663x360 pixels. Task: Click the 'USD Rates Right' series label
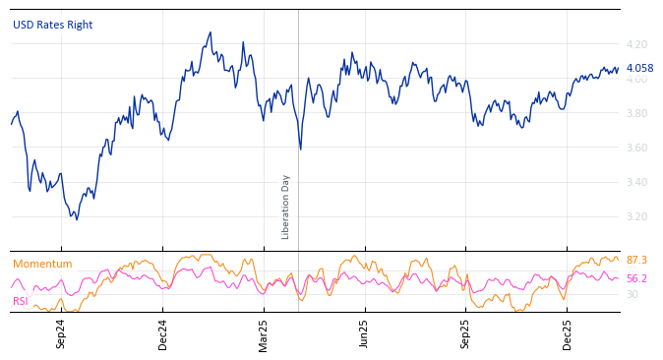[52, 25]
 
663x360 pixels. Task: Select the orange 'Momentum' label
[42, 264]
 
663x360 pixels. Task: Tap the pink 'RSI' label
[20, 301]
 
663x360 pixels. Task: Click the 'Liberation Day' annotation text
[286, 207]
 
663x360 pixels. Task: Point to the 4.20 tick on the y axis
[636, 44]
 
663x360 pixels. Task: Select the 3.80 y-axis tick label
[636, 113]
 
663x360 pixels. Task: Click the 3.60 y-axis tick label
[636, 148]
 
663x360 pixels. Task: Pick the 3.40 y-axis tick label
[636, 182]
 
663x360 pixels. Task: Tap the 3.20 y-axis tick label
[636, 216]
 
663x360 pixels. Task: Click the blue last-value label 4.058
[639, 68]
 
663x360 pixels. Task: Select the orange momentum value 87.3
[636, 260]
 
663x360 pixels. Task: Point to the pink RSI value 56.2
[636, 278]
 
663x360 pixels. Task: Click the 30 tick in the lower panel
[632, 294]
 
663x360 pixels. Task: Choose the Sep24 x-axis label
[61, 333]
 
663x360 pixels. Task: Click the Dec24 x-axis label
[163, 333]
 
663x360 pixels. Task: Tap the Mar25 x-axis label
[264, 333]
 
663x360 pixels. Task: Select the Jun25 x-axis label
[364, 333]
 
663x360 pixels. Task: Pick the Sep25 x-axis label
[465, 333]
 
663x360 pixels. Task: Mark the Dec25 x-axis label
[567, 333]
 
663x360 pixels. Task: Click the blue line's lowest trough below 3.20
[77, 218]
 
